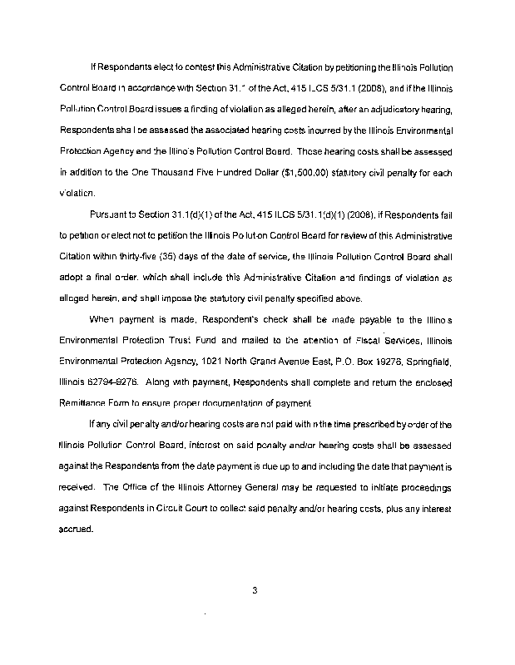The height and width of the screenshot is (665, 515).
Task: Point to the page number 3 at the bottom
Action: (x=256, y=591)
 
